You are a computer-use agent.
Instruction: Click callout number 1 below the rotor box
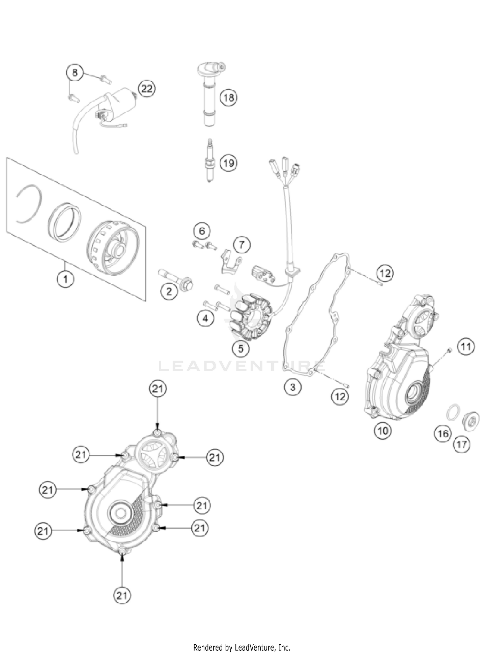pos(65,279)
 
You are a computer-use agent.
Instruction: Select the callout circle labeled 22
pos(146,88)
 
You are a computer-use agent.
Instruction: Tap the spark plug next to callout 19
pos(210,160)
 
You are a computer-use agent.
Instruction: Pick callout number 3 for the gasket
pos(293,386)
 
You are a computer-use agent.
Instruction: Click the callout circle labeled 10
pos(383,430)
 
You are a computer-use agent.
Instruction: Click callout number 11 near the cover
pos(465,347)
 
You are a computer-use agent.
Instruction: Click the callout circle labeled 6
pos(202,231)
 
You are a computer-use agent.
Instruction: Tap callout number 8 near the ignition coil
pos(75,72)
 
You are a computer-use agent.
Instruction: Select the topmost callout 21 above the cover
pos(157,389)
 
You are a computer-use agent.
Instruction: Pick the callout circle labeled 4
pos(205,318)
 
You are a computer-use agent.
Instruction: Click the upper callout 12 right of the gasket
pos(385,273)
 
